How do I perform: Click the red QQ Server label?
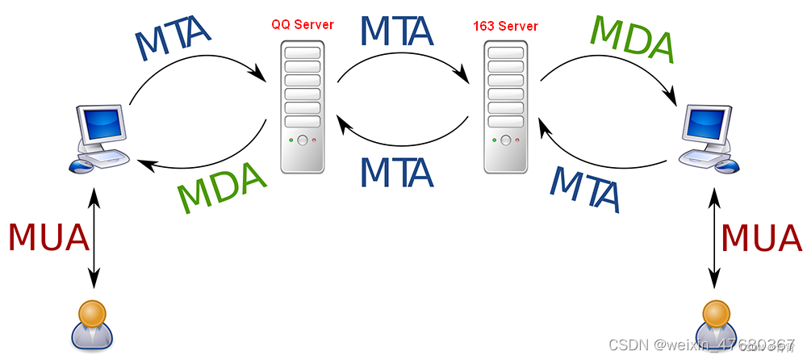303,25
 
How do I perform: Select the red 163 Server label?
505,27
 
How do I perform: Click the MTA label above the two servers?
397,30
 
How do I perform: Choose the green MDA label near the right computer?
633,38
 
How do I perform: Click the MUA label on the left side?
48,237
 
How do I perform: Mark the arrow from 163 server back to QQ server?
403,137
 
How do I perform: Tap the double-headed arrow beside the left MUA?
94,239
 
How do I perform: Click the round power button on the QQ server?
302,140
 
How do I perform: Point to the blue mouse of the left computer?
80,165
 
